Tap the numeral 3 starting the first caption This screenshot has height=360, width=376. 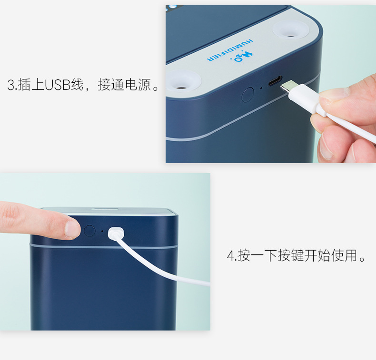point(11,86)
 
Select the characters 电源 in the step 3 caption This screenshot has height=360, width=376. point(138,86)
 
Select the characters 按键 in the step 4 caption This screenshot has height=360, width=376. point(291,256)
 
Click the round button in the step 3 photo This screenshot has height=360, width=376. point(247,95)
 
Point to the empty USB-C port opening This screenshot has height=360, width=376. point(275,81)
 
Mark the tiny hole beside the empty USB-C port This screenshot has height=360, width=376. point(261,88)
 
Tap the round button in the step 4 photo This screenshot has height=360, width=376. point(89,232)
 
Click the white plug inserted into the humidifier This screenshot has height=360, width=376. point(116,233)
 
